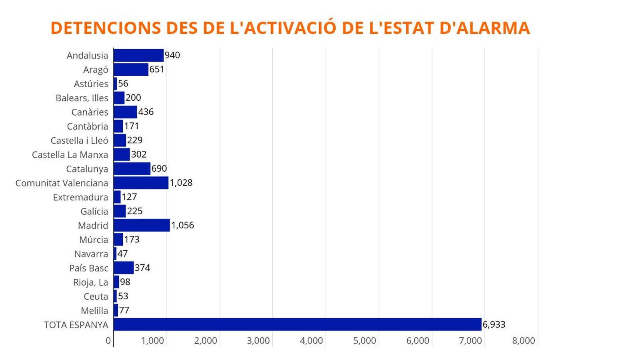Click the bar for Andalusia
pyautogui.click(x=138, y=55)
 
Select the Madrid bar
pyautogui.click(x=142, y=225)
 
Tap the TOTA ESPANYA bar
pyautogui.click(x=297, y=324)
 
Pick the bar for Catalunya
pyautogui.click(x=132, y=169)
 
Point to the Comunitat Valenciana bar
pyautogui.click(x=141, y=183)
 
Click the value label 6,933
pyautogui.click(x=494, y=324)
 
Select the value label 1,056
pyautogui.click(x=182, y=225)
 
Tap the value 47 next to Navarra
pyautogui.click(x=122, y=254)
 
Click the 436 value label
pyautogui.click(x=146, y=112)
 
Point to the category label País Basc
pyautogui.click(x=88, y=268)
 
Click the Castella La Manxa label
pyautogui.click(x=70, y=155)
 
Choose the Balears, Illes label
pyautogui.click(x=82, y=98)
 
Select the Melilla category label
pyautogui.click(x=94, y=311)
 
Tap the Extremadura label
pyautogui.click(x=80, y=197)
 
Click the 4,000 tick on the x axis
pyautogui.click(x=311, y=341)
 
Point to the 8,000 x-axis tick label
pyautogui.click(x=523, y=341)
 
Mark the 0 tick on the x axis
pyautogui.click(x=108, y=341)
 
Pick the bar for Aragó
pyautogui.click(x=131, y=70)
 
